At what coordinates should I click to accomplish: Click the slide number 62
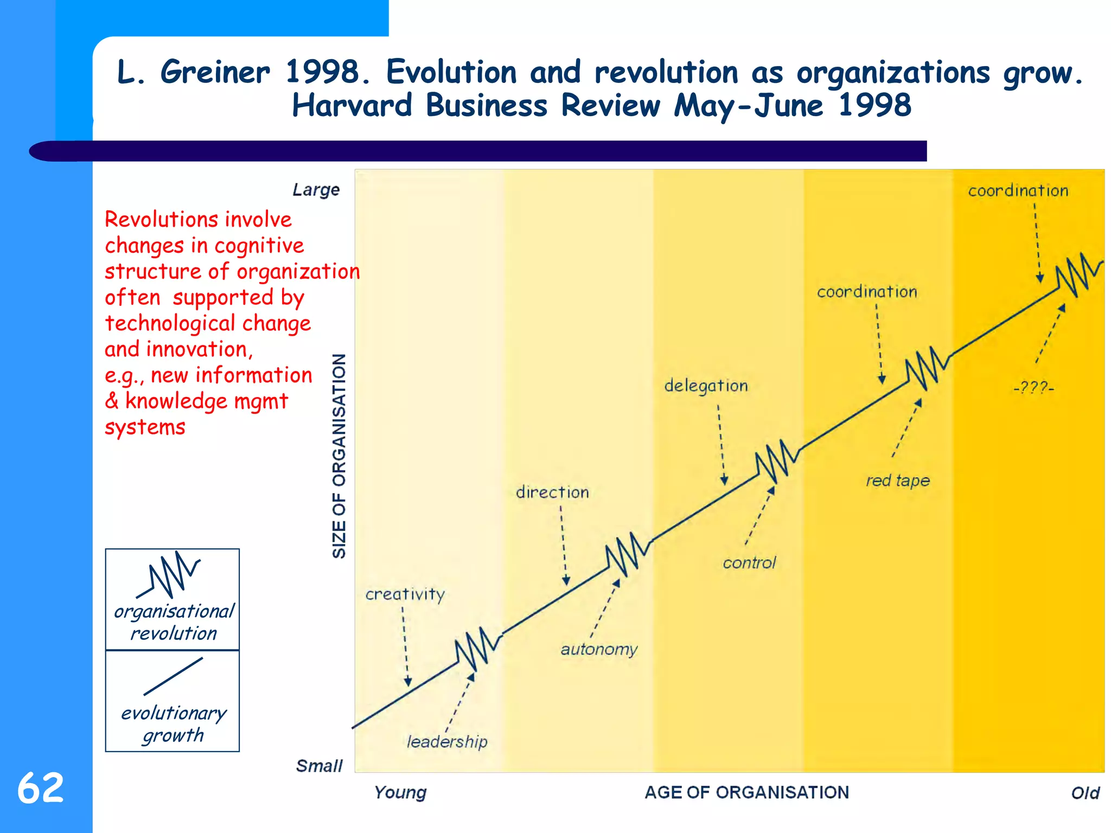41,788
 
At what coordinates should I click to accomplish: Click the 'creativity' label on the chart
405,595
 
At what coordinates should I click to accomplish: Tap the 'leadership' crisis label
447,741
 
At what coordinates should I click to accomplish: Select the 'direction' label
552,492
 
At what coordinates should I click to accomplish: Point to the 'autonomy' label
599,649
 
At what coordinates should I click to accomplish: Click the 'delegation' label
706,386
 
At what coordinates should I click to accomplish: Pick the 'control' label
749,563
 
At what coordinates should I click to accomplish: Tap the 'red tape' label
898,480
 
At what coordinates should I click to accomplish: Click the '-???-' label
1033,388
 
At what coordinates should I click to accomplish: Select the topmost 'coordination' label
1018,191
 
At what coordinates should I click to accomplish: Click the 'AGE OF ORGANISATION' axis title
746,792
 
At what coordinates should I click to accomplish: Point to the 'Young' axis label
400,792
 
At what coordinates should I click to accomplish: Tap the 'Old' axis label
1085,793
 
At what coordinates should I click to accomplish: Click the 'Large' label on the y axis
316,190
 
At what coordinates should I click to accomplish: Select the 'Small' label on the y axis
319,766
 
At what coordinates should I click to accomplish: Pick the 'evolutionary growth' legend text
173,724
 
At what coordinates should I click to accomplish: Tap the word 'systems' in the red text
145,427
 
